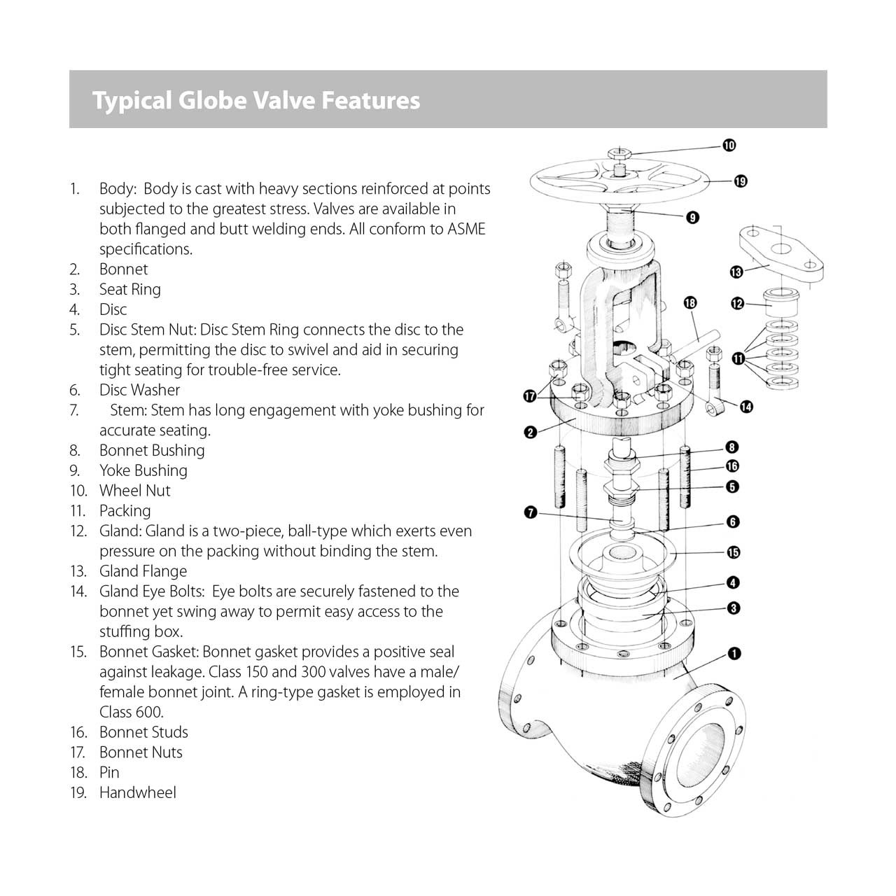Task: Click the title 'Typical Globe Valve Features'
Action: point(256,100)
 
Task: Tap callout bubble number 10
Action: point(729,146)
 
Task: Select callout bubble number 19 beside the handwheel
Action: point(741,181)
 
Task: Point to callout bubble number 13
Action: point(736,272)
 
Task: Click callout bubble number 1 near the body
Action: point(734,654)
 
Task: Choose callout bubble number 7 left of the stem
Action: point(531,513)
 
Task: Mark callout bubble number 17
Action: point(531,397)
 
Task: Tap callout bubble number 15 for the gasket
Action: point(733,552)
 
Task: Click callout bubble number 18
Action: point(690,302)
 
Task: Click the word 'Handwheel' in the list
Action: point(138,792)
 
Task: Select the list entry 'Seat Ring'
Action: point(130,289)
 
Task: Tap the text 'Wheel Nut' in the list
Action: point(135,491)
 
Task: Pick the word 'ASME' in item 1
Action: point(466,229)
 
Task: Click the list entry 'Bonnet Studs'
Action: point(143,732)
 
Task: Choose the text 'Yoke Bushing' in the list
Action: point(143,470)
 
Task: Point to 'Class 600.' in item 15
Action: point(132,712)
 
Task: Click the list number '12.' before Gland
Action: point(78,531)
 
